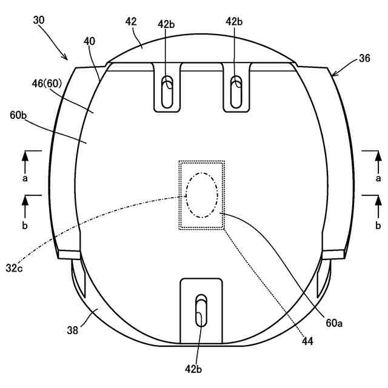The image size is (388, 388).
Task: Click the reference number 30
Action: (x=38, y=19)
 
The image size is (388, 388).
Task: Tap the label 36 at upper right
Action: (x=364, y=58)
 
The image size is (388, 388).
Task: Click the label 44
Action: (x=307, y=342)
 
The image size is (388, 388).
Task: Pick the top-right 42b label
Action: (x=234, y=22)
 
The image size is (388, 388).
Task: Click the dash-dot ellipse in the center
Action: (x=202, y=194)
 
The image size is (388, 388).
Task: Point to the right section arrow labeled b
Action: (x=377, y=207)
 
